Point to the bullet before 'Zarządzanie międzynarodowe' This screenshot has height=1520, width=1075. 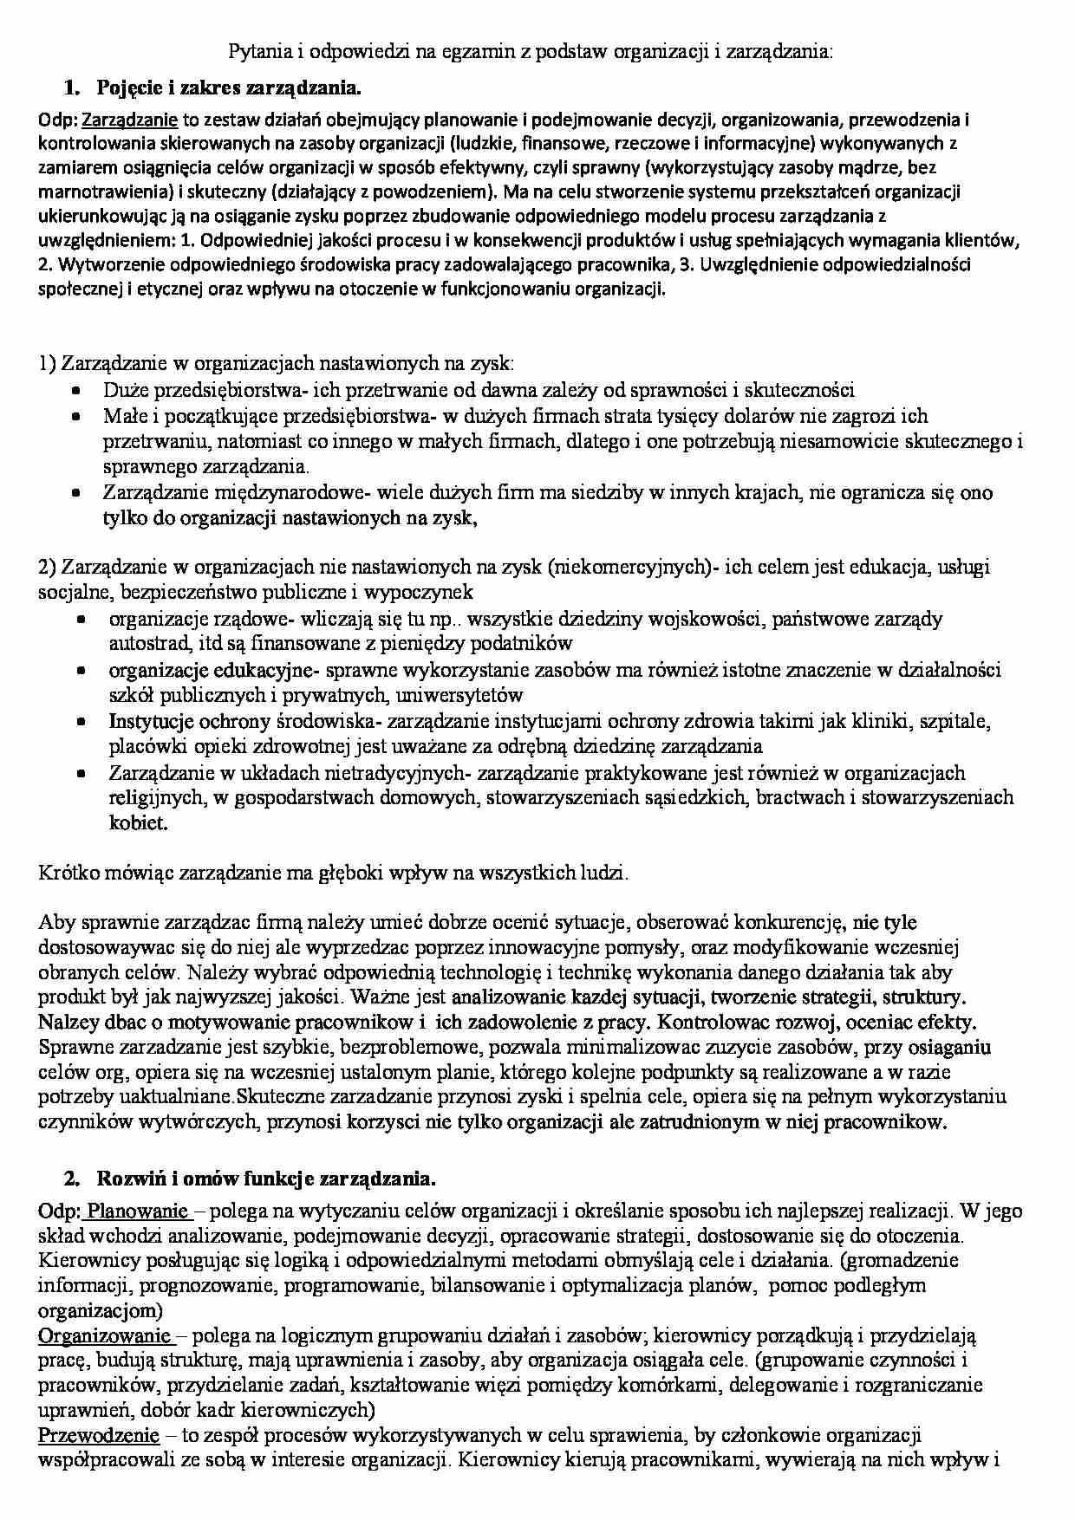point(76,493)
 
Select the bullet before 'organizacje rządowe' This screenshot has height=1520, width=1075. point(80,620)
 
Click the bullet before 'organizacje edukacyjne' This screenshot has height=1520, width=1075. point(80,671)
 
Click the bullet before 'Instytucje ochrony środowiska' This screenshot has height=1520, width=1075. point(80,722)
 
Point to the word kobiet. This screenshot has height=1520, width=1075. point(137,822)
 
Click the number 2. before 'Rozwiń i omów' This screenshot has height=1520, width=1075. point(72,1179)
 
